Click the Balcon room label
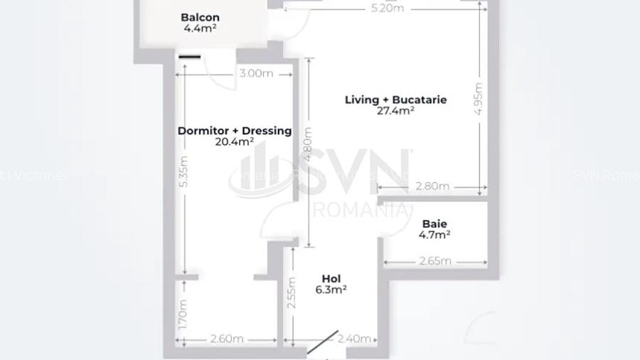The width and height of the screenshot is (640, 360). (x=200, y=17)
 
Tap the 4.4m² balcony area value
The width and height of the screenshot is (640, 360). (x=200, y=29)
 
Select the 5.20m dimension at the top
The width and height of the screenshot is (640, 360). (x=387, y=9)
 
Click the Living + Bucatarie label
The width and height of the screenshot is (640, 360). (x=395, y=100)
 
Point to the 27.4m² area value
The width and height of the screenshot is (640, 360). (x=395, y=111)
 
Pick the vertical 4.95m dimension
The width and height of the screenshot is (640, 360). (x=478, y=99)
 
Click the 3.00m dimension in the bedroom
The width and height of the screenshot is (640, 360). (x=256, y=73)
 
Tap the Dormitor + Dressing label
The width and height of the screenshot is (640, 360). (x=234, y=131)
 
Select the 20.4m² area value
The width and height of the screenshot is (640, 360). (x=234, y=142)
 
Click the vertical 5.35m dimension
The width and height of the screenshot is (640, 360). (x=183, y=171)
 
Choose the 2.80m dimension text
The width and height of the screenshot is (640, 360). (x=432, y=186)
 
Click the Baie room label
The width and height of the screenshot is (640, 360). (x=434, y=224)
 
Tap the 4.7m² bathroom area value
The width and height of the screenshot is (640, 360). (x=434, y=235)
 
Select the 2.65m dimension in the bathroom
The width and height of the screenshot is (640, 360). (x=435, y=261)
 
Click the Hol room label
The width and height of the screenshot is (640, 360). (x=331, y=279)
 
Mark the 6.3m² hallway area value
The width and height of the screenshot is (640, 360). (x=331, y=290)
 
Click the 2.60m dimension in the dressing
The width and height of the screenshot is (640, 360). (x=227, y=339)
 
